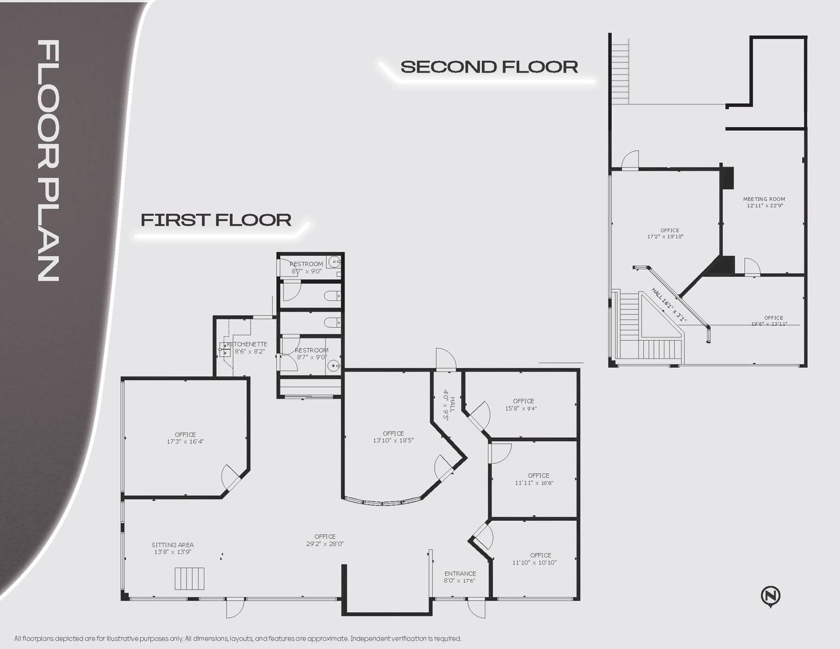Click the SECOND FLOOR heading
click(x=489, y=67)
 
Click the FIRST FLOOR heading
click(x=216, y=220)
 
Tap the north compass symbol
click(x=770, y=596)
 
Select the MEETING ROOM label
click(x=764, y=199)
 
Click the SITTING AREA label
click(x=173, y=545)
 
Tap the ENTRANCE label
click(x=460, y=573)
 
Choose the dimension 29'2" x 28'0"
click(x=325, y=544)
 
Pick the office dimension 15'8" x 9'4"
click(x=521, y=408)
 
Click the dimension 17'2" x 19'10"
click(x=665, y=236)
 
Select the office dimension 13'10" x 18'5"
click(x=393, y=440)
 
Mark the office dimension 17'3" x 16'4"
click(x=186, y=441)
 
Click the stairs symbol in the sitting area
click(x=189, y=578)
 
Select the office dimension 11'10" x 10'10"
click(x=534, y=562)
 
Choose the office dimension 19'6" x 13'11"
click(x=769, y=324)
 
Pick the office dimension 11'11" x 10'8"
click(x=534, y=483)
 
